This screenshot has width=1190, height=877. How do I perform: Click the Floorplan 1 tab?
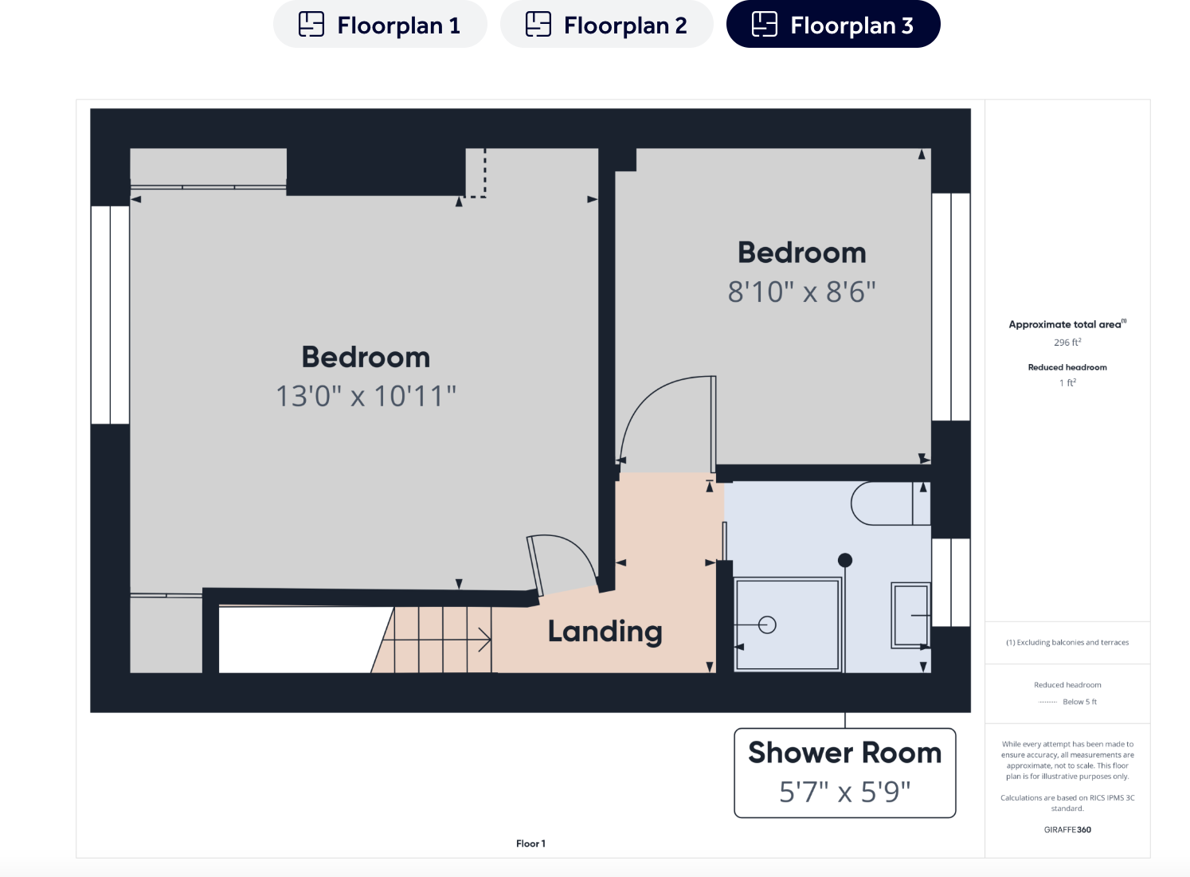pyautogui.click(x=380, y=25)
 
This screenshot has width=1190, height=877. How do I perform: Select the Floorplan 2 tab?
pyautogui.click(x=606, y=25)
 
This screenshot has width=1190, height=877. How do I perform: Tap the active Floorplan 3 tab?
pyautogui.click(x=833, y=25)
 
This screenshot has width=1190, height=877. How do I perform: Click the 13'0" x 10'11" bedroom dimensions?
pyautogui.click(x=366, y=396)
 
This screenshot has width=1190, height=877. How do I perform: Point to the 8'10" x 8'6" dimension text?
pyautogui.click(x=801, y=292)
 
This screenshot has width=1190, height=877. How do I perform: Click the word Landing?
pyautogui.click(x=605, y=632)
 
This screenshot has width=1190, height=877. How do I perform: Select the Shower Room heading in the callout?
pyautogui.click(x=844, y=753)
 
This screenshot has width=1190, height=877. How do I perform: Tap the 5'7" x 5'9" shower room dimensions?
pyautogui.click(x=844, y=792)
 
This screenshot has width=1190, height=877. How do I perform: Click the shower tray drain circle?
pyautogui.click(x=767, y=625)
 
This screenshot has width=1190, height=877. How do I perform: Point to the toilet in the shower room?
pyautogui.click(x=888, y=503)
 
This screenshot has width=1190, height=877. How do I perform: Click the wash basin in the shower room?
pyautogui.click(x=910, y=615)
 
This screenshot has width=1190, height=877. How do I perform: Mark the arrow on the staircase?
pyautogui.click(x=482, y=639)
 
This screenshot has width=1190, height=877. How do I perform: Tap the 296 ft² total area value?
pyautogui.click(x=1067, y=343)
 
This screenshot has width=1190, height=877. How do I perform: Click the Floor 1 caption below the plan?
pyautogui.click(x=530, y=844)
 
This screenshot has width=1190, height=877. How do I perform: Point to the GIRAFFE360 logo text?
pyautogui.click(x=1067, y=830)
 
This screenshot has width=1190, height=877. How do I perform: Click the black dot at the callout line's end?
pyautogui.click(x=845, y=560)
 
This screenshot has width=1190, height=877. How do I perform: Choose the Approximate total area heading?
pyautogui.click(x=1067, y=324)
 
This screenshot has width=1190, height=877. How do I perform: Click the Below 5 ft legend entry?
pyautogui.click(x=1078, y=702)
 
